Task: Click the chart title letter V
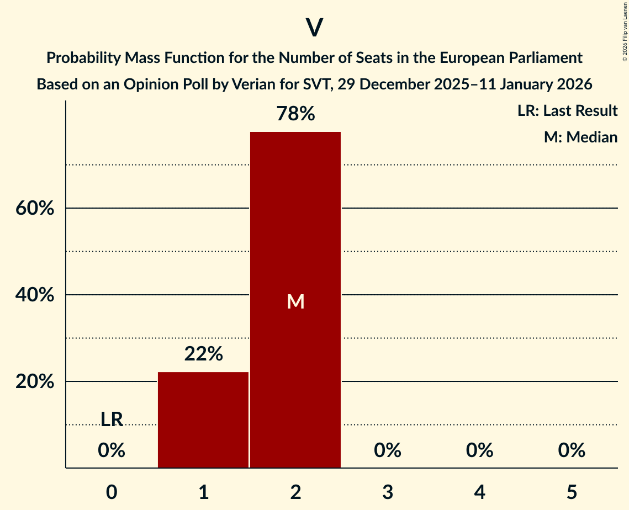314,28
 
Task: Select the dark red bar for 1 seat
203,419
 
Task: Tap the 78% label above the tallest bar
295,114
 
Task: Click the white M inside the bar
295,301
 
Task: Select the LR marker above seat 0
112,419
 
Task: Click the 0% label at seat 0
112,450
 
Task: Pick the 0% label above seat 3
388,450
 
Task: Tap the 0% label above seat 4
479,450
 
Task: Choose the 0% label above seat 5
572,450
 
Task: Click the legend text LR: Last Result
567,111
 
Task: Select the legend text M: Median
580,137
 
